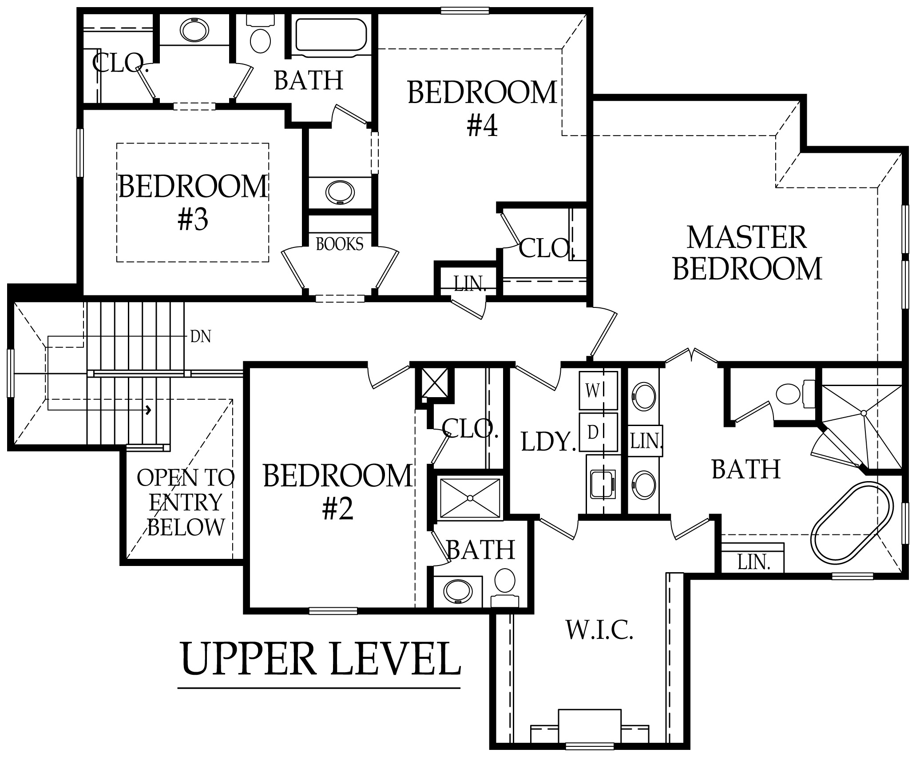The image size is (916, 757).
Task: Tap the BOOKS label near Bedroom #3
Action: click(339, 244)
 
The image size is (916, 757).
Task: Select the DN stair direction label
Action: click(200, 337)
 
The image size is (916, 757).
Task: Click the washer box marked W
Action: click(598, 390)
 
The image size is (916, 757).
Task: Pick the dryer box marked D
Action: click(598, 432)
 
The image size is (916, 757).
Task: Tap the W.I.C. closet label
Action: click(599, 630)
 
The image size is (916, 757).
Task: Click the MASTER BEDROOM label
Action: click(747, 253)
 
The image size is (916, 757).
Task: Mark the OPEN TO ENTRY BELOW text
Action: click(186, 502)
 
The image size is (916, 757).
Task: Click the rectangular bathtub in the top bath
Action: click(331, 35)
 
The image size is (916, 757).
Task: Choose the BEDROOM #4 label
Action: click(482, 108)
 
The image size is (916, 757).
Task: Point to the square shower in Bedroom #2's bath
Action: click(470, 498)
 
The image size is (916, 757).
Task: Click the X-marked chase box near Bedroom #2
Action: click(435, 382)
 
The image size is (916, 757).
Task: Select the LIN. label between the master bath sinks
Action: click(646, 441)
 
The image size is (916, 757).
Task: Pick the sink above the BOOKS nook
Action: click(340, 193)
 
